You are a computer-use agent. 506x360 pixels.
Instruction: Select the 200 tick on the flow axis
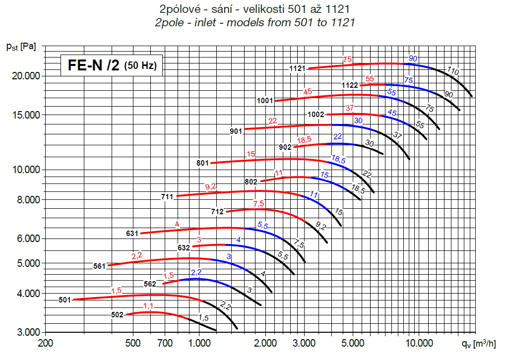coord(45,342)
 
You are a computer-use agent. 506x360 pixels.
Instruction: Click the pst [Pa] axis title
coord(21,47)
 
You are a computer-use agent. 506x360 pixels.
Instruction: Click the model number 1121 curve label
coord(298,68)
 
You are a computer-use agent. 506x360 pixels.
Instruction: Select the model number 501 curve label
coord(64,300)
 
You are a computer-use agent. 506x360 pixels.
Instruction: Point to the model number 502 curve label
coord(118,314)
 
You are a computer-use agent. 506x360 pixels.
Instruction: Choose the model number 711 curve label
coord(167,196)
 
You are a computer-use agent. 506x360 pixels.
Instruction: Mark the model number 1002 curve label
coord(316,115)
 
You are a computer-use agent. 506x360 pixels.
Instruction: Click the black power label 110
coord(452,71)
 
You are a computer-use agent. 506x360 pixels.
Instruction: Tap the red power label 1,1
coord(148,306)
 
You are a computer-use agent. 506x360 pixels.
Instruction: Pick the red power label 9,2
coord(211,186)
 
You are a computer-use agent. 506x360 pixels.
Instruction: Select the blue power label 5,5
coord(262,226)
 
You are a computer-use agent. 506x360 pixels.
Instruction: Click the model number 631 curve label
coord(133,233)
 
